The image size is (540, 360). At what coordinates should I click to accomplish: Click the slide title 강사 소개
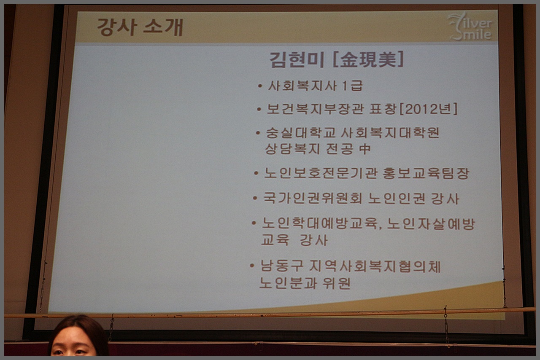pyautogui.click(x=140, y=27)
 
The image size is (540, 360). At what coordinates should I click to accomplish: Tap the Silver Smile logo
pyautogui.click(x=470, y=27)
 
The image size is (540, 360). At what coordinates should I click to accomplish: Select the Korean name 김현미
pyautogui.click(x=297, y=60)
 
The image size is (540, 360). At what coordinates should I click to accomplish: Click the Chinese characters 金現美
pyautogui.click(x=368, y=59)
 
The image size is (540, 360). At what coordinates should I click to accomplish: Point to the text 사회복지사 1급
pyautogui.click(x=315, y=86)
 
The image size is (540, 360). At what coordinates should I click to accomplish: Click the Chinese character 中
pyautogui.click(x=365, y=149)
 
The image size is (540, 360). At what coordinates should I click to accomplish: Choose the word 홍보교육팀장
pyautogui.click(x=426, y=173)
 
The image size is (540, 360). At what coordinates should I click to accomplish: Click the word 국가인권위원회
pyautogui.click(x=313, y=198)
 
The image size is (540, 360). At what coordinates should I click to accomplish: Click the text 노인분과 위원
pyautogui.click(x=305, y=283)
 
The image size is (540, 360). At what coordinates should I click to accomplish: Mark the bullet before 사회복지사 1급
pyautogui.click(x=260, y=86)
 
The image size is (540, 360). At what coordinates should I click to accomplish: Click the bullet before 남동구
pyautogui.click(x=252, y=266)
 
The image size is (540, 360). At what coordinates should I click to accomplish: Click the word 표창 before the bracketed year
pyautogui.click(x=383, y=109)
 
